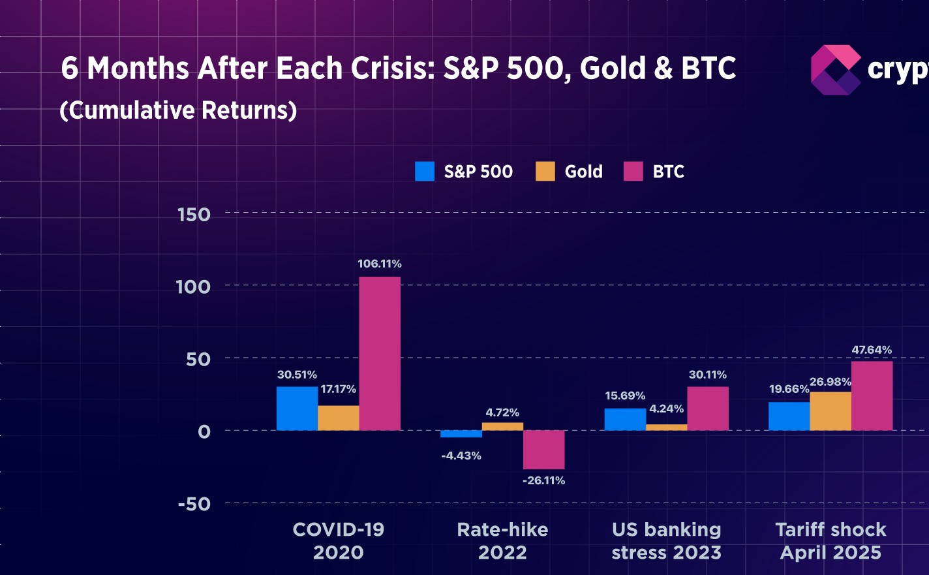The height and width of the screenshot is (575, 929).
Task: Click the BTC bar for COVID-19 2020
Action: click(x=380, y=353)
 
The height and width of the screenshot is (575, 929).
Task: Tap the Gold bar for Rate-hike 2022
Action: click(x=502, y=426)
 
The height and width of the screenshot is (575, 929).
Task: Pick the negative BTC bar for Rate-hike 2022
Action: click(x=543, y=450)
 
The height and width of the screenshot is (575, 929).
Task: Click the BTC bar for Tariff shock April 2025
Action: click(x=872, y=396)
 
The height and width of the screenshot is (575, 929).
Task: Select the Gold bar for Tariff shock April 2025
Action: click(x=830, y=411)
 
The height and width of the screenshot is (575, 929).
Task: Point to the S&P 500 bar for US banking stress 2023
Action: click(x=625, y=419)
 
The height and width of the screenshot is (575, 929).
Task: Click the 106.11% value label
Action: click(x=380, y=264)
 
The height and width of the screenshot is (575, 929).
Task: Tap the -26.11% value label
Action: click(x=543, y=480)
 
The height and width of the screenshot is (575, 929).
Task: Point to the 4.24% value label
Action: click(x=666, y=409)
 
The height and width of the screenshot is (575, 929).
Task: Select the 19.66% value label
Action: click(x=789, y=389)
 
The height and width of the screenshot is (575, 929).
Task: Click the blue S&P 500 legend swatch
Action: click(x=425, y=172)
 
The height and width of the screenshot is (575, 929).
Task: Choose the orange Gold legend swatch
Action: click(x=545, y=172)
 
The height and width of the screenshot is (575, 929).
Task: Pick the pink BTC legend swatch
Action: click(x=633, y=172)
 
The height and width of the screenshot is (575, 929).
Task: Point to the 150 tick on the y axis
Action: click(x=194, y=215)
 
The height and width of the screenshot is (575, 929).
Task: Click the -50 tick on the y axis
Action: click(x=194, y=504)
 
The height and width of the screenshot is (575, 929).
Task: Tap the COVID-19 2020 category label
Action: click(x=338, y=541)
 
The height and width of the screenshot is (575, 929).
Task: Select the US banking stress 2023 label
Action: click(x=666, y=541)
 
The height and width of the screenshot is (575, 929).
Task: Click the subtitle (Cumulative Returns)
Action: click(x=178, y=110)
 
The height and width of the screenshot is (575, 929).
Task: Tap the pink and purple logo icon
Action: click(x=836, y=70)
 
